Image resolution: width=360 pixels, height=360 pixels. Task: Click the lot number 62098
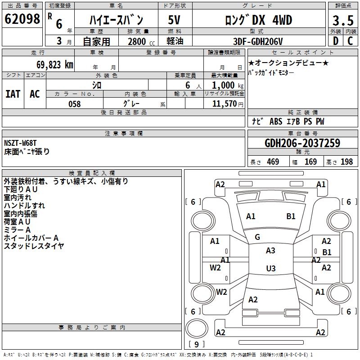[22, 19]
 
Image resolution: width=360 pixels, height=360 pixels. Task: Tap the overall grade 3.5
[343, 20]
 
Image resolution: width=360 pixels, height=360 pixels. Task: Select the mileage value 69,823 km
[54, 65]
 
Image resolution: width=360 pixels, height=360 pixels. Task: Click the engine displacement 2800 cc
[141, 41]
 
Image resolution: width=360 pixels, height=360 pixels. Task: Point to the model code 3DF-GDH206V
[258, 41]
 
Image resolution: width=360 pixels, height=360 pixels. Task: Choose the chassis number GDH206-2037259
[302, 143]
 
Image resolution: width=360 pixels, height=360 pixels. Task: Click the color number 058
[75, 104]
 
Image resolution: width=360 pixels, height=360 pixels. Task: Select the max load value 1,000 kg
[228, 85]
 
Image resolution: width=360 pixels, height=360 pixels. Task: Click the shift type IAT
[13, 94]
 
